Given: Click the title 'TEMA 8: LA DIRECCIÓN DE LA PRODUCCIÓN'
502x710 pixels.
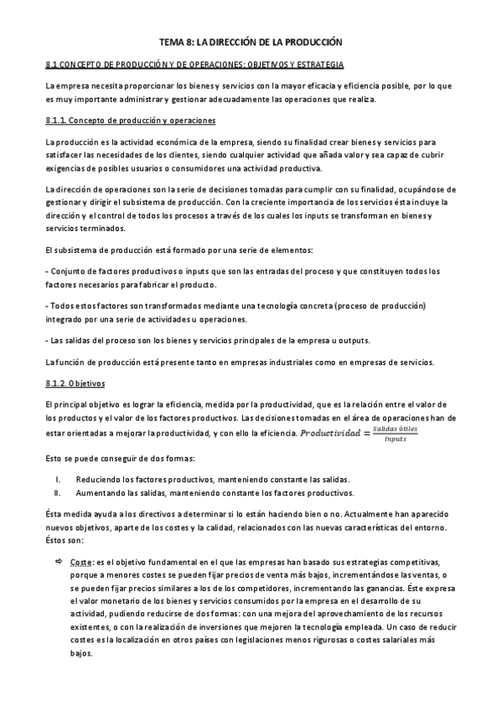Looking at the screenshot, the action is coord(251,41).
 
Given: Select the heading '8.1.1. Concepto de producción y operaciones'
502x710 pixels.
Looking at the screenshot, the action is coord(130,121).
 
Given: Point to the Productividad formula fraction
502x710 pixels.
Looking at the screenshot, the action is coord(395,434).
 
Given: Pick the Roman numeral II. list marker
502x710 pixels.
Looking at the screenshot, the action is coord(57,493).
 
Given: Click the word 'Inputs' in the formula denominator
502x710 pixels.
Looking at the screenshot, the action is coord(395,439).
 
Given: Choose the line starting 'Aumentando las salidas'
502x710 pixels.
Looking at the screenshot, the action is coord(215,493).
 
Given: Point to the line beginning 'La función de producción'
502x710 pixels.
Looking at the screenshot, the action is coord(240,362).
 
